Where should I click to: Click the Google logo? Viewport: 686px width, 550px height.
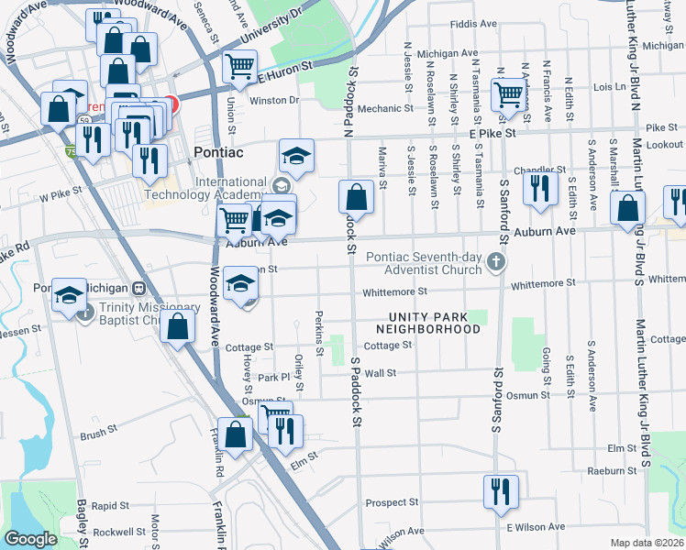30,539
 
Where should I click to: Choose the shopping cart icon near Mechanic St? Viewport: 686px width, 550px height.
507,93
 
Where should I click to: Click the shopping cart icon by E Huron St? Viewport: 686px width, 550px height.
239,66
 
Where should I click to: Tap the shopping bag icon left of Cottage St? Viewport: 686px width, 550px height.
178,326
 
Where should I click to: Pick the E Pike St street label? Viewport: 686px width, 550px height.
492,133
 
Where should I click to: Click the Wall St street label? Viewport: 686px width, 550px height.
380,373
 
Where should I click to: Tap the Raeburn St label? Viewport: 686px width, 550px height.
614,470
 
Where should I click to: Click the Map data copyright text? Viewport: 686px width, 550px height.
647,543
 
